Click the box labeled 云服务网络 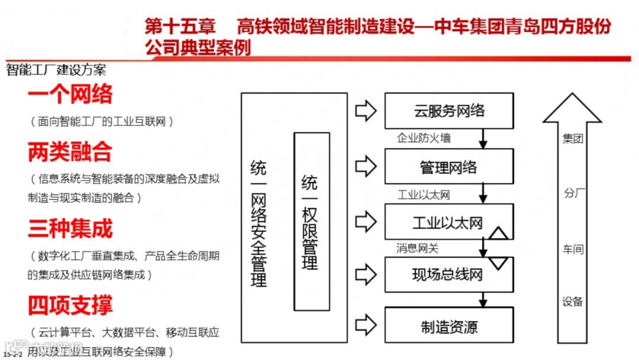click(449, 111)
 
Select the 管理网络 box click(449, 167)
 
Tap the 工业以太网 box click(449, 223)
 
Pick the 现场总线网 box click(449, 274)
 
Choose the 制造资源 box click(449, 327)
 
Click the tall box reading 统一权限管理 click(311, 221)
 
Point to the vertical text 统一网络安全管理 click(259, 223)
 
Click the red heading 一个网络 click(70, 94)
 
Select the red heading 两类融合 click(70, 152)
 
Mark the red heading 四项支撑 click(70, 305)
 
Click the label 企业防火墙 click(424, 139)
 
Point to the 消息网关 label click(418, 249)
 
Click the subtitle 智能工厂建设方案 click(56, 70)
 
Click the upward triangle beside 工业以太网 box click(499, 233)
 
